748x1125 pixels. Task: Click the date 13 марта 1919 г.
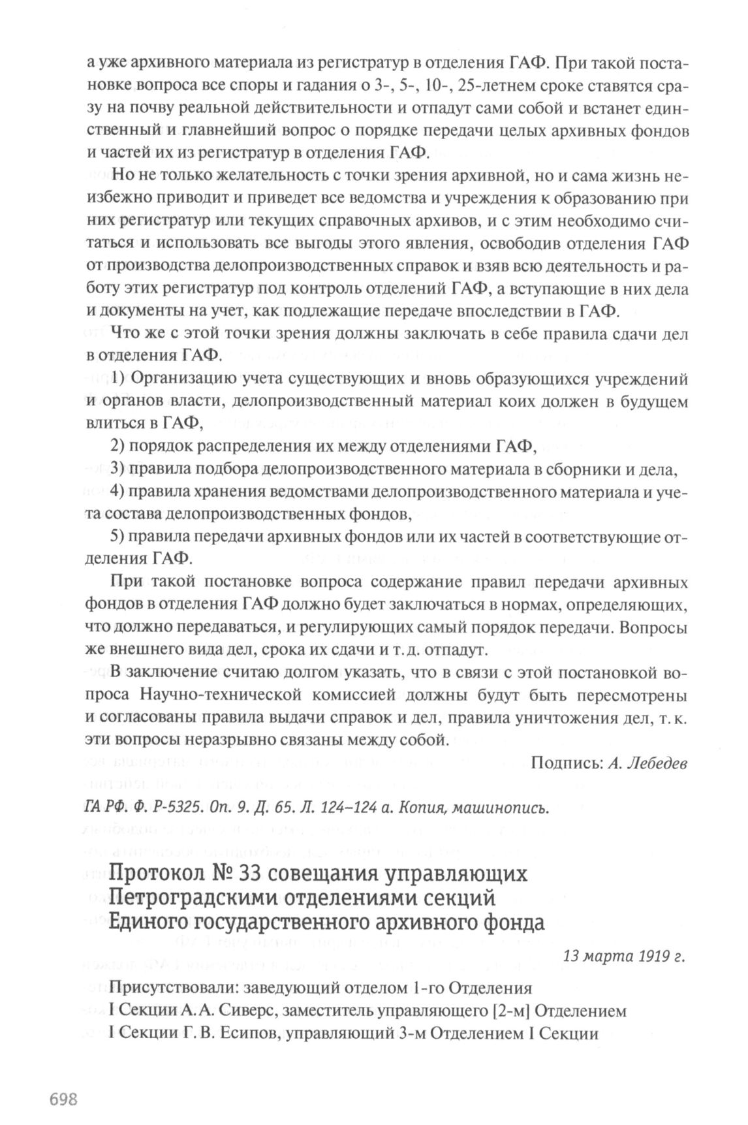point(625,957)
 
